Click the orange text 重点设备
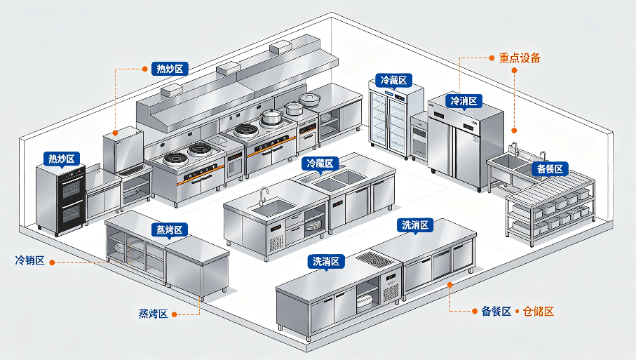tap(520, 58)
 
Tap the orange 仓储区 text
tap(539, 312)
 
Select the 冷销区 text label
tap(29, 260)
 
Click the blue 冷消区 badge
tap(464, 100)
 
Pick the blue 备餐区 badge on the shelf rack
tap(550, 168)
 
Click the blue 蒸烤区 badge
tap(170, 230)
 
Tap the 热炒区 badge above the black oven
tap(62, 159)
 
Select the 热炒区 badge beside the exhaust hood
tap(170, 69)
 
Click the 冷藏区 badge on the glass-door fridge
tap(393, 81)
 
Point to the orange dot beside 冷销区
tap(52, 262)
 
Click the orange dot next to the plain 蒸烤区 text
tap(175, 314)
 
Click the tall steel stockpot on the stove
tap(270, 117)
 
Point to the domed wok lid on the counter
tap(310, 99)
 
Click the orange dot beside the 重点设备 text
tap(492, 58)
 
